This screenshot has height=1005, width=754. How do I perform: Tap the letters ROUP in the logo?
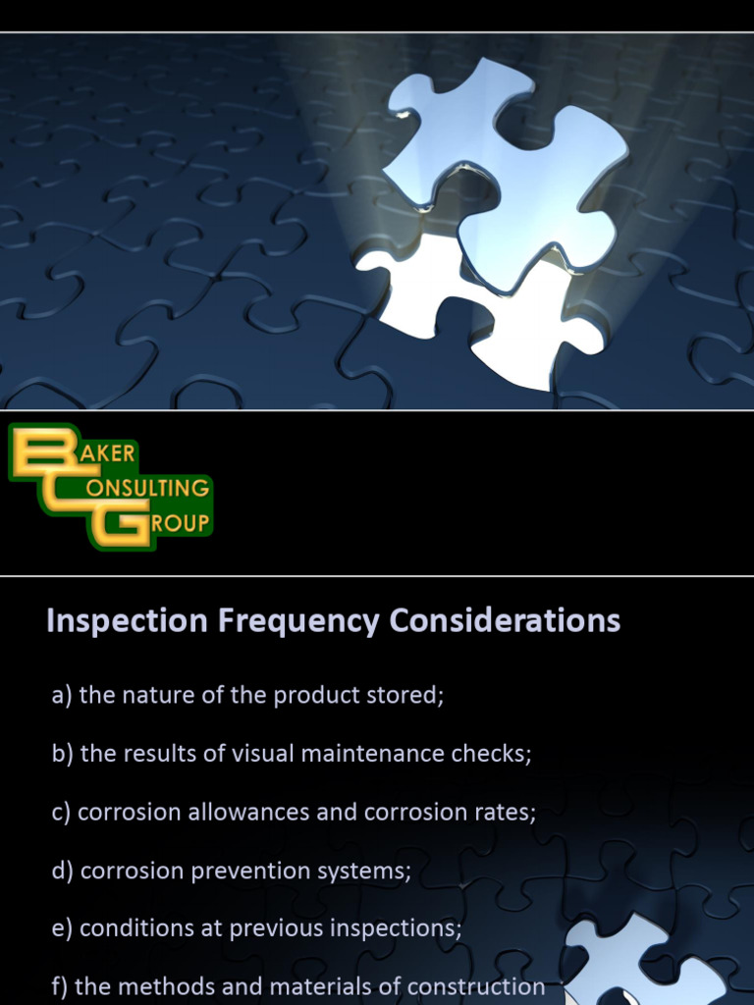182,523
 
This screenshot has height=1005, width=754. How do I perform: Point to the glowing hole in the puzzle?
471,304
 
